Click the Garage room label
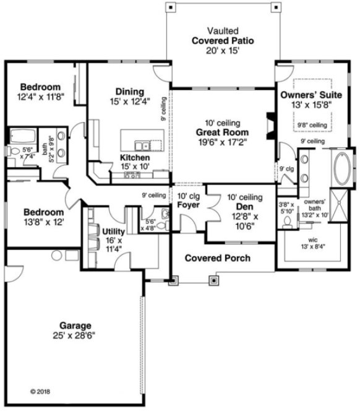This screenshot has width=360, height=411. pos(75,325)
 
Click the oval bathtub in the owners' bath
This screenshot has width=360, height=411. pos(341,170)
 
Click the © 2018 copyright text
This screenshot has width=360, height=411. pos(40,391)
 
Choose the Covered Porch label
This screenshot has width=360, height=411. pos(217,257)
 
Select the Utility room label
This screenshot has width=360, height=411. pos(113,231)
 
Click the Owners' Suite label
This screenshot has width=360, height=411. pos(307,96)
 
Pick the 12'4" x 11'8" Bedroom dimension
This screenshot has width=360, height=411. pos(40,97)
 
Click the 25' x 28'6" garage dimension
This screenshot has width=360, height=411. pos(75,335)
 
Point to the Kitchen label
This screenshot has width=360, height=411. pos(135,158)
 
